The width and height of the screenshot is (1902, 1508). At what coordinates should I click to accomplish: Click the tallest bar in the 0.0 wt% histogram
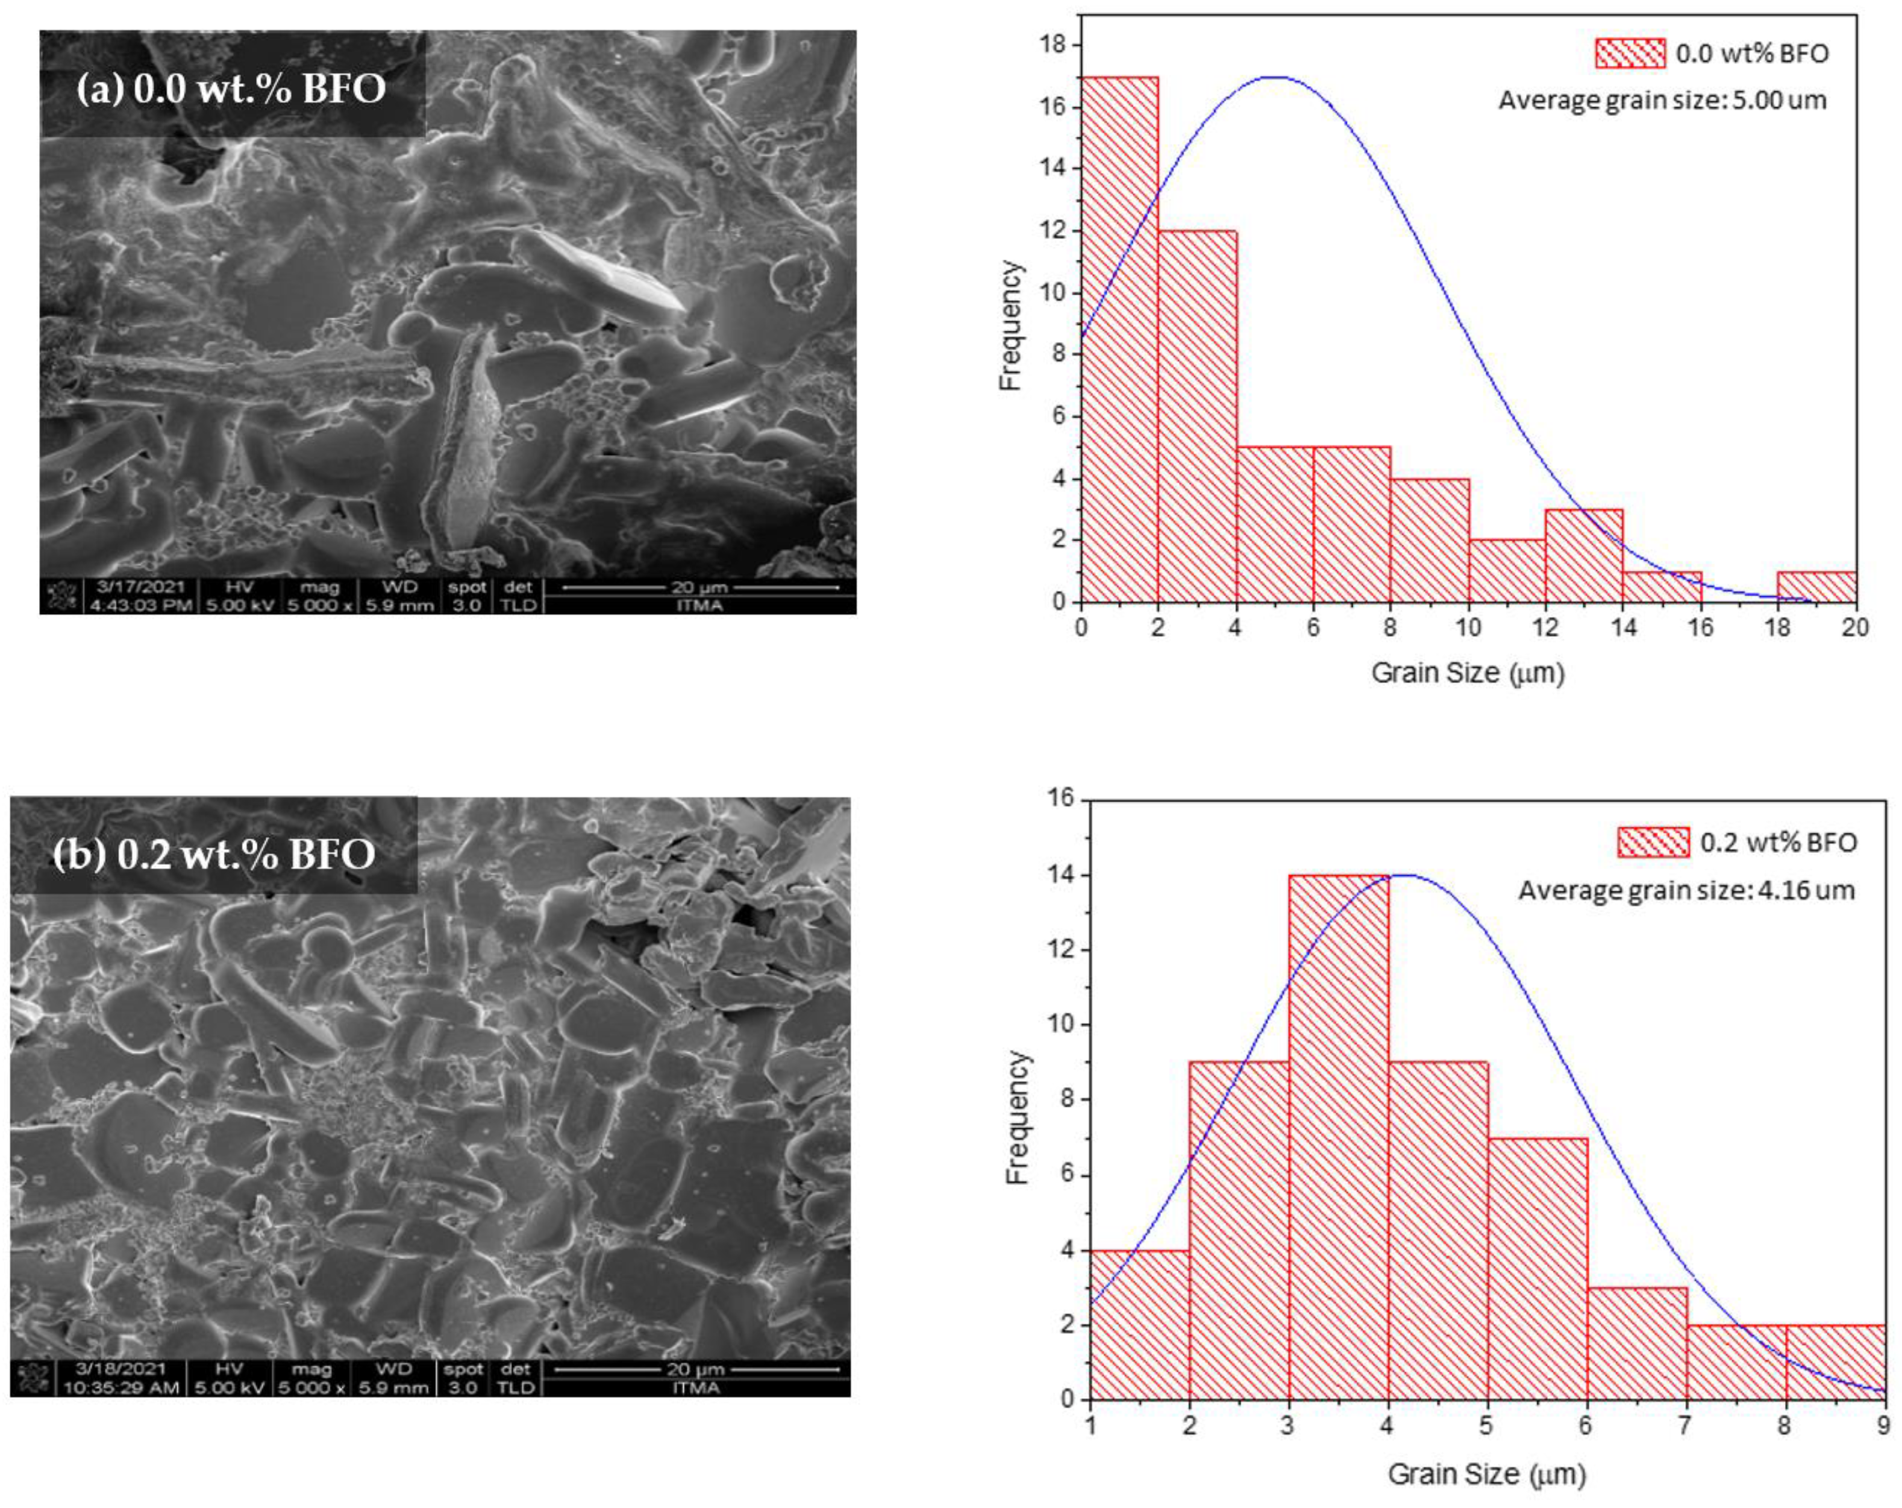click(x=1119, y=340)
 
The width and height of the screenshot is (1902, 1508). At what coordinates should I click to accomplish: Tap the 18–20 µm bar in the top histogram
click(x=1816, y=587)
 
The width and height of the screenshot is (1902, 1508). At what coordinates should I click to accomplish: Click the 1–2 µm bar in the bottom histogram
click(x=1140, y=1324)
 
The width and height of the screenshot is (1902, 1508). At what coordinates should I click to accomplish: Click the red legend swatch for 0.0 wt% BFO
click(x=1630, y=53)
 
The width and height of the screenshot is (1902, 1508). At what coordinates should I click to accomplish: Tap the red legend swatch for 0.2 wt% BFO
click(x=1653, y=843)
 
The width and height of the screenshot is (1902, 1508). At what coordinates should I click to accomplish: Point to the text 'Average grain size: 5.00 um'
click(x=1662, y=99)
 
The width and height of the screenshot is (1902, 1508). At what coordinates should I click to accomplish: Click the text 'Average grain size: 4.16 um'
click(x=1686, y=890)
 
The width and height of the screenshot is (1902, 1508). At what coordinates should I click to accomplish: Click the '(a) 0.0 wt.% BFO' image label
click(x=231, y=89)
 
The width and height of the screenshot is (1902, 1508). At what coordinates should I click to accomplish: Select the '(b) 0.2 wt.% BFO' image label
click(x=214, y=854)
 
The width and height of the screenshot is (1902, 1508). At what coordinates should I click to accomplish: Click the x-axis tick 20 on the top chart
click(x=1855, y=627)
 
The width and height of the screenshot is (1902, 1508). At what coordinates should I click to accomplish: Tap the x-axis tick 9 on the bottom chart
click(x=1883, y=1425)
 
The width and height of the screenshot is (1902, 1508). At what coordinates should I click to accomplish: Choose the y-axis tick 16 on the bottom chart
click(x=1062, y=799)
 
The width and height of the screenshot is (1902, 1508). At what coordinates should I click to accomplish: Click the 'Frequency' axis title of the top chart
click(x=1010, y=325)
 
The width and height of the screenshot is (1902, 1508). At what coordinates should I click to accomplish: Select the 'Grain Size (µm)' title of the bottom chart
click(x=1486, y=1474)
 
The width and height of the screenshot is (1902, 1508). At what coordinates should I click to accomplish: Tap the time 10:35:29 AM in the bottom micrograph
click(x=121, y=1388)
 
